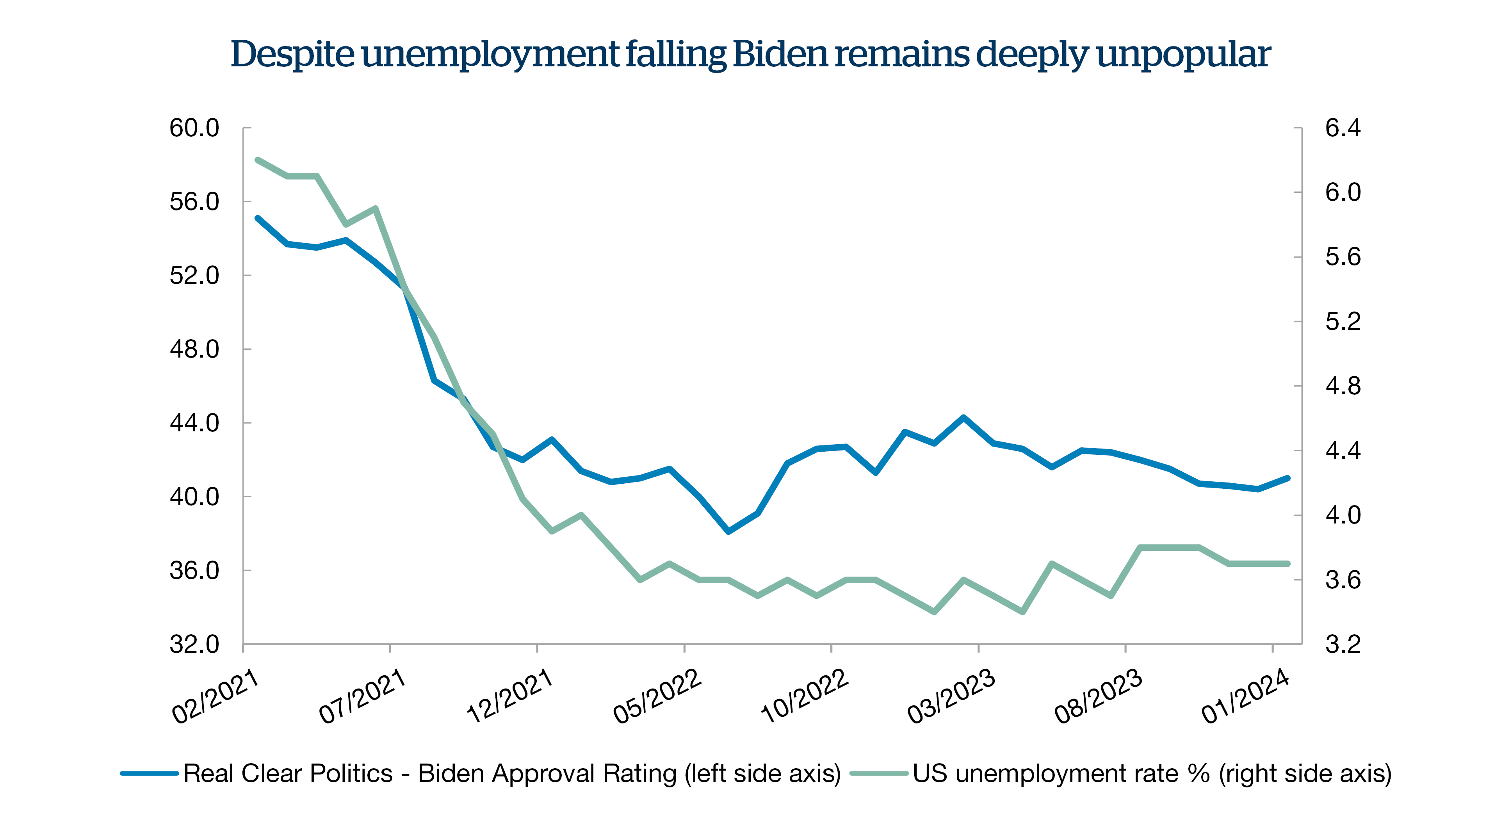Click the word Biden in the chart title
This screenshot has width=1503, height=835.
[x=780, y=54]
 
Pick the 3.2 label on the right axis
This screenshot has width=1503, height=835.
[x=1343, y=644]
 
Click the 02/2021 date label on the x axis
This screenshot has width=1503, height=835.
[x=215, y=697]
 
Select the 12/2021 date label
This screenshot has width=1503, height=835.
[x=509, y=697]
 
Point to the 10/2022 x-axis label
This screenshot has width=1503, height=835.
[x=804, y=697]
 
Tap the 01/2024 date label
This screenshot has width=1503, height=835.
[x=1245, y=697]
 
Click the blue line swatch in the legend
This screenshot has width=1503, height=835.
[x=150, y=774]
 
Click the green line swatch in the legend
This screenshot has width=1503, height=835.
[x=879, y=774]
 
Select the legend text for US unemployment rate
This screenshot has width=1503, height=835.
[x=1152, y=774]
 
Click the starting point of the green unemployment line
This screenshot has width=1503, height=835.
[x=257, y=159]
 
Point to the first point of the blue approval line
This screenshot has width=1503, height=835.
[x=257, y=218]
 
